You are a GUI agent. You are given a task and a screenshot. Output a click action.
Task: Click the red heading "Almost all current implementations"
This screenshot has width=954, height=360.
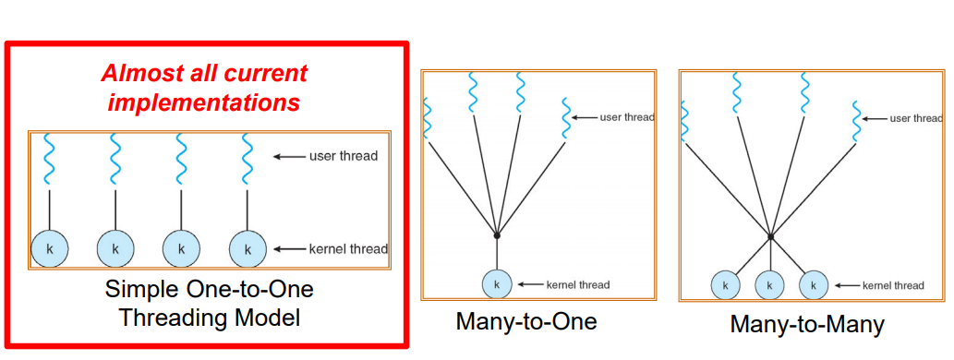point(204,87)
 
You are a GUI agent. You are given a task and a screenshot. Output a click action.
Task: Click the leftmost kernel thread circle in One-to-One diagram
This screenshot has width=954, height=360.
point(49,248)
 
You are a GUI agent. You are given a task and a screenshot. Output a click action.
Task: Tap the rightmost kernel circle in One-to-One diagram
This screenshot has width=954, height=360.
point(247,248)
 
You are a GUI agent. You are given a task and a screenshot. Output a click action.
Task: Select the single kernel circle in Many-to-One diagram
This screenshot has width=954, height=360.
point(497,284)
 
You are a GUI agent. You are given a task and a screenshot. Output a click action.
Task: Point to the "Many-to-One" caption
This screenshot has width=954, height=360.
point(526,322)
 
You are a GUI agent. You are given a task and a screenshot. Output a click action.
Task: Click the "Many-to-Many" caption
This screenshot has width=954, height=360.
point(807,325)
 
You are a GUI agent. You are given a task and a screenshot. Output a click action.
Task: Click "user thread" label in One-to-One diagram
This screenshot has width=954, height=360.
point(344,156)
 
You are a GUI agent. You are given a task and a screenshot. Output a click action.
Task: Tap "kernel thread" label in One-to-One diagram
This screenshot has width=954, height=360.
point(348,248)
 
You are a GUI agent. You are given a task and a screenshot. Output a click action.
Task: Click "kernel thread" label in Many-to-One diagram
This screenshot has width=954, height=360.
point(579,284)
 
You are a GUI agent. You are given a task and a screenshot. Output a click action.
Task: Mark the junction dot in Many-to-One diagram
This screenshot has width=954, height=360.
point(497,235)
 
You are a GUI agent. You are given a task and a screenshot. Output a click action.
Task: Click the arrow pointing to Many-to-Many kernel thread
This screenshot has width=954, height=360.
point(846,285)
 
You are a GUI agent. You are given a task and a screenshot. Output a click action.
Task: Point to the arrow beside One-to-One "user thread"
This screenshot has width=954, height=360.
point(290,156)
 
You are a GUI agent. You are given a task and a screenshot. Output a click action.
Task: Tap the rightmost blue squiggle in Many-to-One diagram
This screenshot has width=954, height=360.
point(565,118)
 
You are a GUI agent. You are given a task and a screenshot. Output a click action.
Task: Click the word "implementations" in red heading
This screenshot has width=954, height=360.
point(204,102)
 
